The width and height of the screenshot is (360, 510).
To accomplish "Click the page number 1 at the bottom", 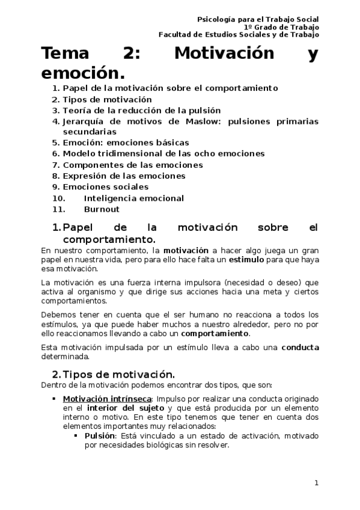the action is pyautogui.click(x=316, y=482).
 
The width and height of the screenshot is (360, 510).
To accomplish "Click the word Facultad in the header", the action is pyautogui.click(x=175, y=34).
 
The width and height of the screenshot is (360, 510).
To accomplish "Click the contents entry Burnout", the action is pyautogui.click(x=102, y=209).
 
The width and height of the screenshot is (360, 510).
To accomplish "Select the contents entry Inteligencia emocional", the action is pyautogui.click(x=133, y=198).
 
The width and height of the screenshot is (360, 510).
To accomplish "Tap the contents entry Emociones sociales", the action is pyautogui.click(x=105, y=187).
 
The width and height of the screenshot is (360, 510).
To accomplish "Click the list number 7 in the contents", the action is pyautogui.click(x=55, y=165).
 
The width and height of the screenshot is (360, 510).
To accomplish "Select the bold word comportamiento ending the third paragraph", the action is pyautogui.click(x=215, y=333).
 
